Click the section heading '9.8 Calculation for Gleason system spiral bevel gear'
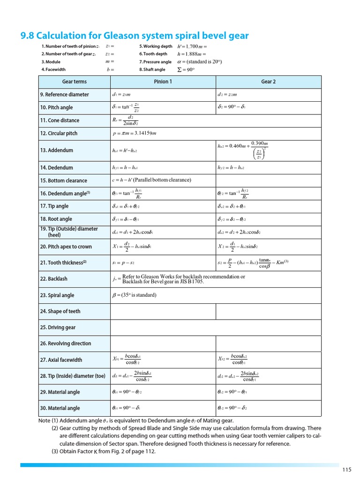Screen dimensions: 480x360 pyautogui.click(x=135, y=36)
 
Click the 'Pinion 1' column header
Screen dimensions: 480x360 pyautogui.click(x=163, y=82)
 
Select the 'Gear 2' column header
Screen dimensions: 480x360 pyautogui.click(x=268, y=82)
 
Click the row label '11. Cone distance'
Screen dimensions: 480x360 pyautogui.click(x=60, y=120)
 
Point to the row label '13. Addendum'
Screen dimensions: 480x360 pyautogui.click(x=57, y=150)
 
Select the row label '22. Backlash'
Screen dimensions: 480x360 pyautogui.click(x=54, y=279)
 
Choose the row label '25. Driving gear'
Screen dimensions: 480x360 pyautogui.click(x=59, y=327)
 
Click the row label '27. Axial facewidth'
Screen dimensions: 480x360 pyautogui.click(x=61, y=360)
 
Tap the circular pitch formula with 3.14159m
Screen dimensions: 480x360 pyautogui.click(x=135, y=134)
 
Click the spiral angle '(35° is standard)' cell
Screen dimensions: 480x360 pyautogui.click(x=134, y=295)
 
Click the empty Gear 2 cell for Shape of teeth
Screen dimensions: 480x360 pyautogui.click(x=268, y=311)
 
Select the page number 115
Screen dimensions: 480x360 pyautogui.click(x=346, y=470)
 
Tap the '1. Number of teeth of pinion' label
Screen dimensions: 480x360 pyautogui.click(x=70, y=46)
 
